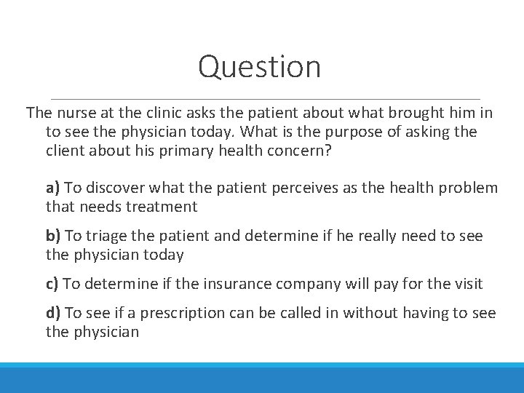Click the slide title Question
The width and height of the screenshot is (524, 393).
click(x=259, y=67)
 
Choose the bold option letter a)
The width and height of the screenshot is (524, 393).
click(x=52, y=188)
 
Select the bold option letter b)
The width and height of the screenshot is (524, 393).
click(x=53, y=236)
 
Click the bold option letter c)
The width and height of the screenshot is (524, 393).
click(x=52, y=284)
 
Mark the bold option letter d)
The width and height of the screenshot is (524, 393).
click(x=53, y=313)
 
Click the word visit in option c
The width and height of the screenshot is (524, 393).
click(x=467, y=284)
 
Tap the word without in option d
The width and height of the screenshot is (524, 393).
click(x=370, y=313)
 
